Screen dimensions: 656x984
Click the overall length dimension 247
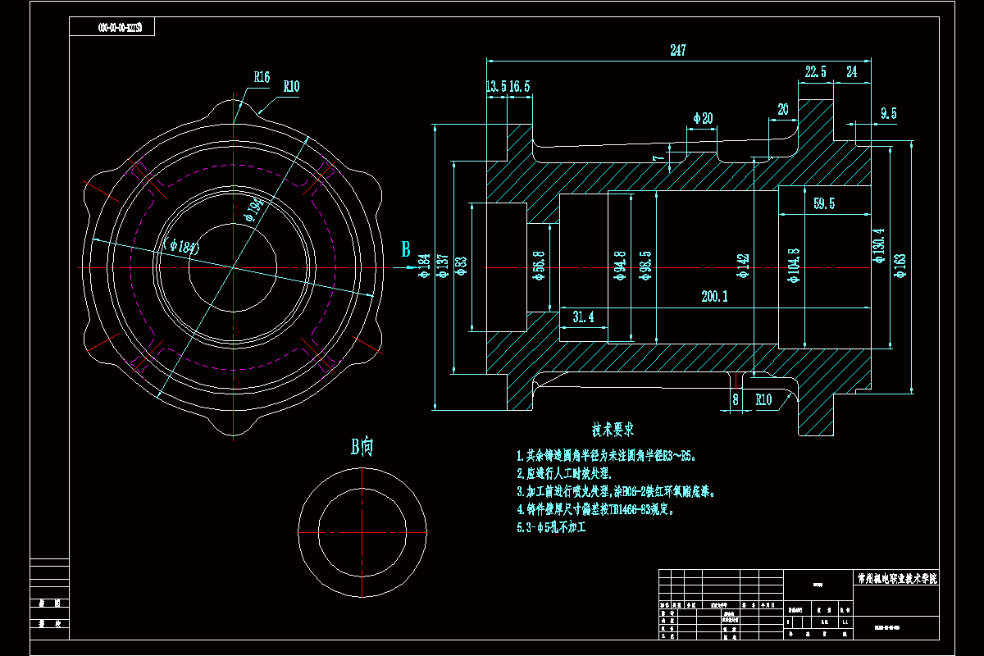677,51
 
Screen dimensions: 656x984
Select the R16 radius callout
262,77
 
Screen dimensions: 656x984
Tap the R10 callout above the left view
292,85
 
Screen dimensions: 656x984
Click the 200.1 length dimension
715,297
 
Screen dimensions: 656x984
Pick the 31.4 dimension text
584,317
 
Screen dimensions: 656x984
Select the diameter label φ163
900,266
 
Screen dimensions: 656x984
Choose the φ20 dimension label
703,118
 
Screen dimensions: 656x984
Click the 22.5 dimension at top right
816,72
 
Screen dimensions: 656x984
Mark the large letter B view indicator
405,250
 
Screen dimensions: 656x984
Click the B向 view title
362,447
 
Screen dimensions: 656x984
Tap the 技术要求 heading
613,429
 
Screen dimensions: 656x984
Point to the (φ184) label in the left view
183,244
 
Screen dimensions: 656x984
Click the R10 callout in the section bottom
763,399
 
